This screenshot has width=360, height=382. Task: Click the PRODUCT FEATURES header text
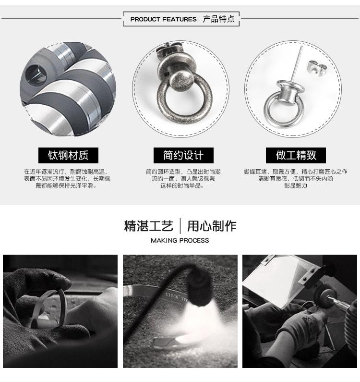163,20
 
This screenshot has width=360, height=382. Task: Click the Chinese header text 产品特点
218,19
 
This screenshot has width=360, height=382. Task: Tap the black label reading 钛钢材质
68,155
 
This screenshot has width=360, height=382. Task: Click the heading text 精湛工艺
148,226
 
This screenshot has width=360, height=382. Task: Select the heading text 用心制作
212,226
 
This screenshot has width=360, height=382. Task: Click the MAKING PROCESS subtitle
180,240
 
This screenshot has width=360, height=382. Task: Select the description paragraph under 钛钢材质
67,178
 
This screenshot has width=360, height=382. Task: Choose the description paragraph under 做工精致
295,178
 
